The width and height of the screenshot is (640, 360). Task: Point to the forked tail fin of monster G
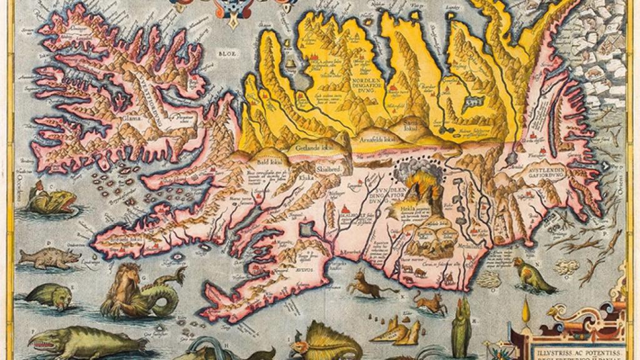(x=178, y=274)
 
